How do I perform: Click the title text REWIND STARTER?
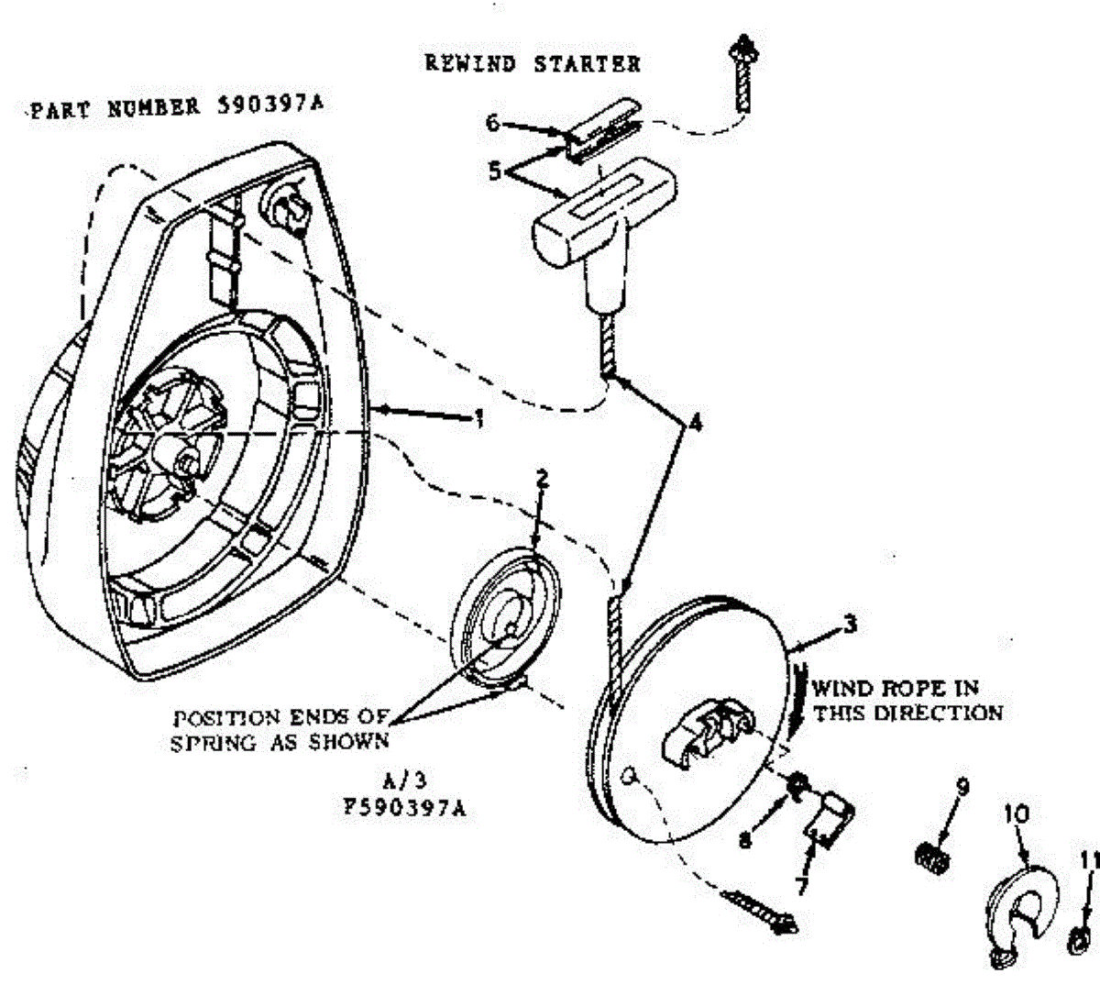click(x=533, y=63)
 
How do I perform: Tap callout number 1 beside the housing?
click(x=478, y=419)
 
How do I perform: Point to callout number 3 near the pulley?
click(x=850, y=625)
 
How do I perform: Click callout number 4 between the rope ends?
click(x=696, y=423)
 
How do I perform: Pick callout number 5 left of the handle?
click(x=496, y=171)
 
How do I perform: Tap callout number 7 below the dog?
click(x=800, y=885)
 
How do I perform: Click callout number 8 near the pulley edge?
click(x=745, y=837)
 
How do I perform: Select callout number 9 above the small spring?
click(x=962, y=786)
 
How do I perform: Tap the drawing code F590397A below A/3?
click(x=404, y=811)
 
